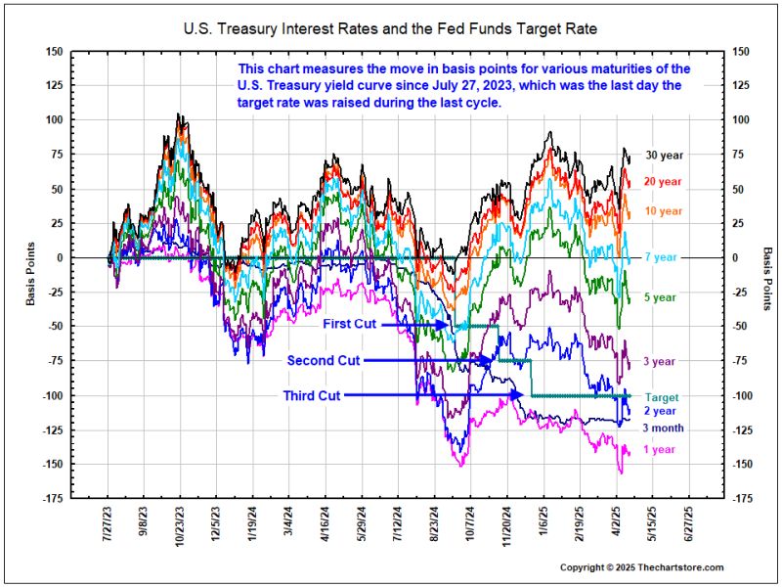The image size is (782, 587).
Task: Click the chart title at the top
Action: tap(391, 29)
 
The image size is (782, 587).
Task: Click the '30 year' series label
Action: tap(665, 155)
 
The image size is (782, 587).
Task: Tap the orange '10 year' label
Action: tap(665, 211)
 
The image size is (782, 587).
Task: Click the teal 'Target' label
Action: tap(661, 397)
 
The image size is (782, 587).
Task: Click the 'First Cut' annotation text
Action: tap(350, 324)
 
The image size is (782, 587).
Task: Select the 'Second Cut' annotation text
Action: tap(324, 360)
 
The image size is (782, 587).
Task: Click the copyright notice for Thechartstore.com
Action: tap(641, 567)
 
